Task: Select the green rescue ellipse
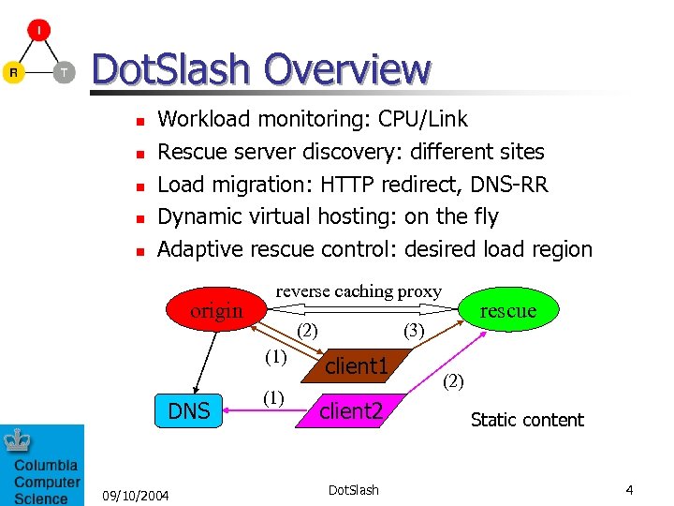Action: tap(508, 310)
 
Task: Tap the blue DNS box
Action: tap(188, 409)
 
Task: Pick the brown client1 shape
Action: tap(355, 365)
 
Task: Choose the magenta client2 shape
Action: tap(350, 409)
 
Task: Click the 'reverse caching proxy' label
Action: tap(359, 290)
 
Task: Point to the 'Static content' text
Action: tap(527, 420)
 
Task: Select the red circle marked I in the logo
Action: tap(38, 31)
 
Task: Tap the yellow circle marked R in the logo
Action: tap(13, 72)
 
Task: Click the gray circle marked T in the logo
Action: tap(64, 72)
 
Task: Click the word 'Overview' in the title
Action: tap(347, 69)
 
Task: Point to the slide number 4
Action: tap(630, 490)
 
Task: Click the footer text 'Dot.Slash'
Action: tap(354, 490)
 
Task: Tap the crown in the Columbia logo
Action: tap(17, 440)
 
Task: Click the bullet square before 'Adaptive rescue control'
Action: tap(139, 251)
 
